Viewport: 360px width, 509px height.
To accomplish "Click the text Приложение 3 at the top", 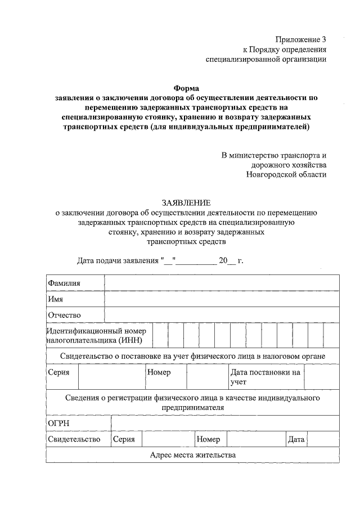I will [300, 39].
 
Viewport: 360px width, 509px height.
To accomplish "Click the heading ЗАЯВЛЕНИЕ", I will [186, 202].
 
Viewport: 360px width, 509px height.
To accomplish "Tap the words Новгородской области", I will [286, 174].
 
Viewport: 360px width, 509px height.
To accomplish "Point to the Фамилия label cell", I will [64, 283].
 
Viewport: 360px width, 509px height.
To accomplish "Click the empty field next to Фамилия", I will [222, 283].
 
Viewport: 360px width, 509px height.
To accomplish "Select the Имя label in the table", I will [55, 299].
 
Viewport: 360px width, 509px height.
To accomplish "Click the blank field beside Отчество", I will [222, 315].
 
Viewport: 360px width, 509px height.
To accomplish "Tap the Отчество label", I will [65, 315].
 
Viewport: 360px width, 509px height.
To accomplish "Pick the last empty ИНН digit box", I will [331, 336].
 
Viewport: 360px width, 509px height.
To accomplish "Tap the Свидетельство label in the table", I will [74, 439].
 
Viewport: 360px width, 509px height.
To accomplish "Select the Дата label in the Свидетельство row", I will [296, 439].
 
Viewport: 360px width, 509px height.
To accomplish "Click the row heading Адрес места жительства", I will [192, 455].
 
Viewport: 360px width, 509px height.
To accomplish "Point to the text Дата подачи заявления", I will [118, 261].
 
